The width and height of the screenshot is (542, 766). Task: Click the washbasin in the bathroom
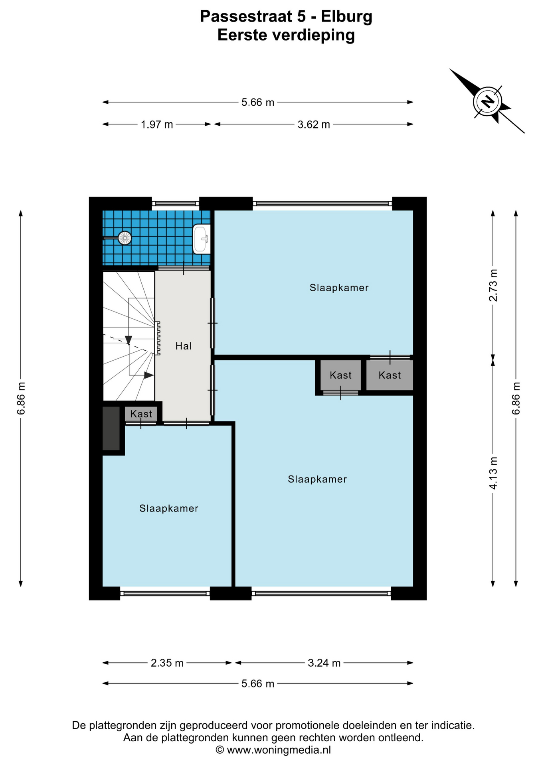202,239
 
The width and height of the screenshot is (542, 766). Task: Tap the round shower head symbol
125,238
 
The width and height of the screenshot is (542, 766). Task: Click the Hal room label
184,346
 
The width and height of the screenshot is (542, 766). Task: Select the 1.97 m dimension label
157,124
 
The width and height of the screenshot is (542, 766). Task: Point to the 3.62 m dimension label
314,124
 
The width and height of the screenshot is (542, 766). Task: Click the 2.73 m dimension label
494,285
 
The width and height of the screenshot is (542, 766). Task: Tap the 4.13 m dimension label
494,473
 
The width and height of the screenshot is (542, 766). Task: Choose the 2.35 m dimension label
167,663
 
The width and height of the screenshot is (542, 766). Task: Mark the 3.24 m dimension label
324,663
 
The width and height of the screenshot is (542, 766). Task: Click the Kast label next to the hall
141,414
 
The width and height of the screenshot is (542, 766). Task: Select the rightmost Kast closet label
390,375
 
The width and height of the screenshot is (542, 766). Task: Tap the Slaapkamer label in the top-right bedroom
339,288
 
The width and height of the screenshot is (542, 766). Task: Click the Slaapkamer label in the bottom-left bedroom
169,508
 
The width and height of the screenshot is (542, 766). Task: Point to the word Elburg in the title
346,16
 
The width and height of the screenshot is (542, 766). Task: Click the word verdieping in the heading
313,35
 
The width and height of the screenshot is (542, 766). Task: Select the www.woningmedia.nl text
279,750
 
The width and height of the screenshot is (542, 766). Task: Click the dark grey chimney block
111,428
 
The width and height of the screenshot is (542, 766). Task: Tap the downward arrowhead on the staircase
129,340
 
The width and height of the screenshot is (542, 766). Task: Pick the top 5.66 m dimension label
258,103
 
